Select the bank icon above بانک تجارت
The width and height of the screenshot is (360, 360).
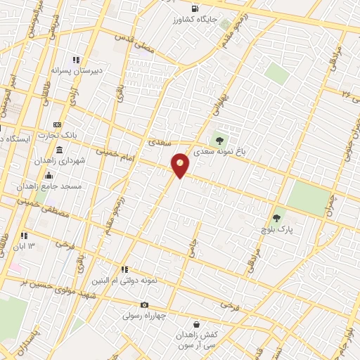(x=57, y=124)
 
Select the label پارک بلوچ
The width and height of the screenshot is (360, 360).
(x=276, y=229)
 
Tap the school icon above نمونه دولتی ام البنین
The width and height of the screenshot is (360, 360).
(x=124, y=269)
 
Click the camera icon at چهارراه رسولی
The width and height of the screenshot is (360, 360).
(x=144, y=304)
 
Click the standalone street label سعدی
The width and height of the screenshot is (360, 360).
(x=161, y=141)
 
